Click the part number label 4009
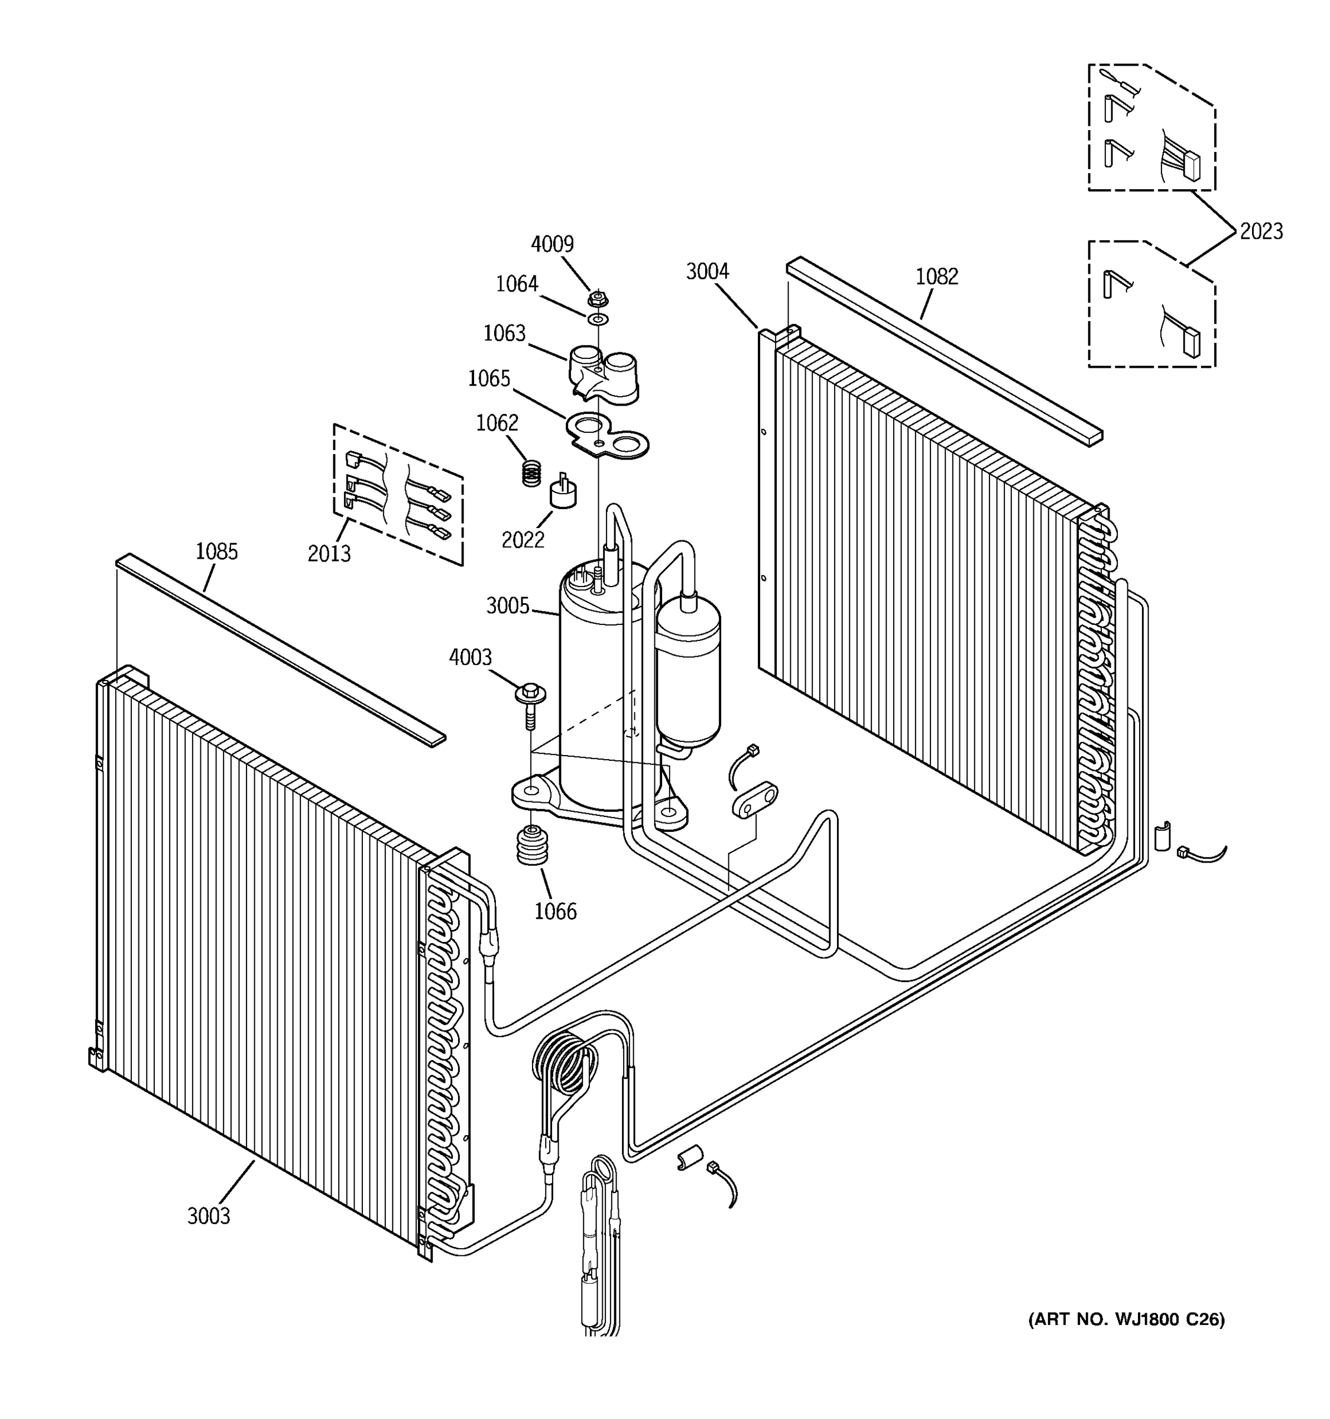click(552, 244)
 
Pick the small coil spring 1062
click(531, 472)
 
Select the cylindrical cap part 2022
click(563, 492)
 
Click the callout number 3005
click(507, 606)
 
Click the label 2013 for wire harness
click(329, 553)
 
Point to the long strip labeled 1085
click(278, 650)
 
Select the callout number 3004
click(707, 271)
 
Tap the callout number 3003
click(208, 1216)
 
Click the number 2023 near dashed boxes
click(1261, 231)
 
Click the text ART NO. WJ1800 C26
click(1126, 1319)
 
